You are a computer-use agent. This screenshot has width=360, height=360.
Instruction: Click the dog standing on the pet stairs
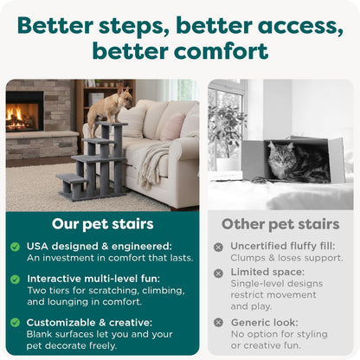(x=105, y=107)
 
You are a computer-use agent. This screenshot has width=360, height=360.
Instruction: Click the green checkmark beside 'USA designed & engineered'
(x=15, y=247)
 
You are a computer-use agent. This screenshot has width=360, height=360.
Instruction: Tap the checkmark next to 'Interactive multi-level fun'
(x=15, y=279)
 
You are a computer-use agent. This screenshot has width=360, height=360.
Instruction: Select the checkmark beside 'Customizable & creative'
(x=15, y=322)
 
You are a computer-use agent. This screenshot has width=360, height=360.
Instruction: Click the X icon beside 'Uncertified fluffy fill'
(x=219, y=247)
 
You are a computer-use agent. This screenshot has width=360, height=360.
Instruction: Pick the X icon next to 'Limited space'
(x=219, y=273)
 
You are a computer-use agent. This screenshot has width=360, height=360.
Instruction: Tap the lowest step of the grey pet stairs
(x=72, y=181)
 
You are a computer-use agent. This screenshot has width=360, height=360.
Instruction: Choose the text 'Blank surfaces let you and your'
(x=100, y=333)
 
